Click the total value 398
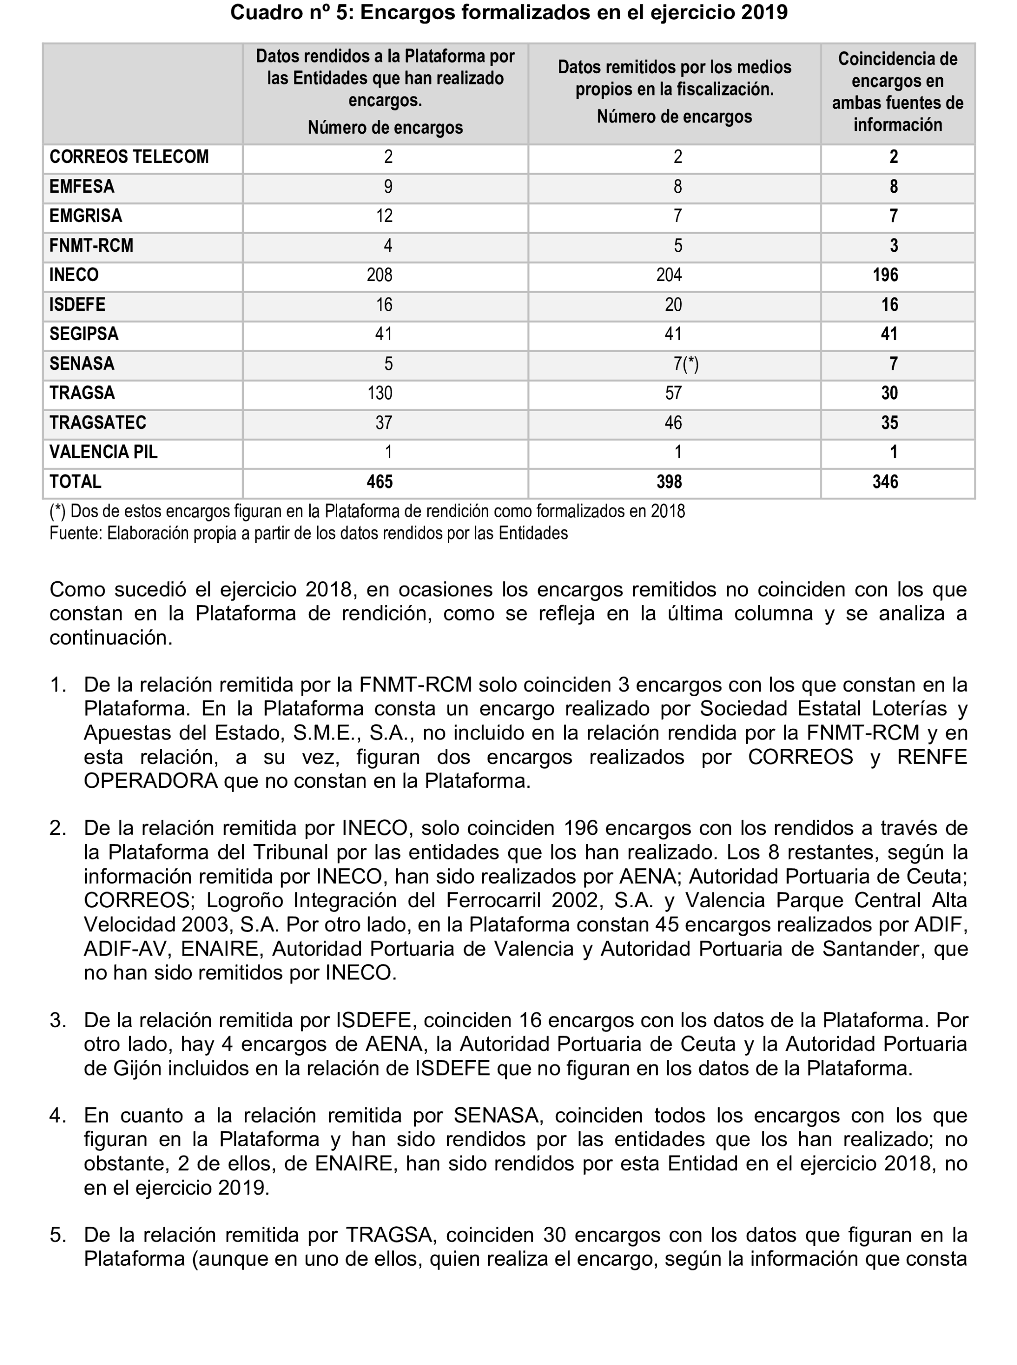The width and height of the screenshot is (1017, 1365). point(668,481)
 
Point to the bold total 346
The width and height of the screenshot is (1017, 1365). point(885,481)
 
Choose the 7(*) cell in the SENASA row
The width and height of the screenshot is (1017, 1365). point(686,364)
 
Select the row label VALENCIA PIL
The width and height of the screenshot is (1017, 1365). point(103,452)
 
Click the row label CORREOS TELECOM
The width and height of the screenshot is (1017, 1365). point(129,157)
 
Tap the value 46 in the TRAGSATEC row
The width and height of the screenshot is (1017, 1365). point(673,422)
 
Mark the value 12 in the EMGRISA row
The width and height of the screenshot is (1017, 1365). point(384,216)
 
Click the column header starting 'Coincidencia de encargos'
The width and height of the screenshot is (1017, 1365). point(898,92)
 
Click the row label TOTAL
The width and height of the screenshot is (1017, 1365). point(75,481)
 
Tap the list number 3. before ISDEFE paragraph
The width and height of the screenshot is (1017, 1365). point(58,1020)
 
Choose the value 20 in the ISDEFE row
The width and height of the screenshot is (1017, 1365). point(673,305)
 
